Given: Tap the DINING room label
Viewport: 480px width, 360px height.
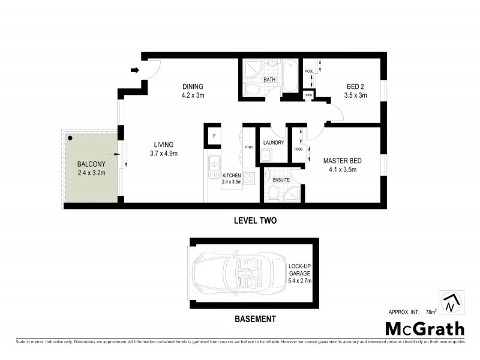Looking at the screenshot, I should point(193,86).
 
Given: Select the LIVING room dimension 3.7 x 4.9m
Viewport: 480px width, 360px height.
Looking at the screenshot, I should point(163,154).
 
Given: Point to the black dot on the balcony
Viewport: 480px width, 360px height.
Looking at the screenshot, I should point(70,138).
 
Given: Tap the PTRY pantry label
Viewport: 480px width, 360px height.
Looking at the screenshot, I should point(249,148).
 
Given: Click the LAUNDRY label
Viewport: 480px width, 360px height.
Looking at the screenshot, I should point(273,143).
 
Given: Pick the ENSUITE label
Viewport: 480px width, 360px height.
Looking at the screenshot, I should point(281,180).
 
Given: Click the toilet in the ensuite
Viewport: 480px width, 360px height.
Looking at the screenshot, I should point(273,193).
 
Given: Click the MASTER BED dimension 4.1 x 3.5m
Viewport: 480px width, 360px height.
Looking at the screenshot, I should point(340,170).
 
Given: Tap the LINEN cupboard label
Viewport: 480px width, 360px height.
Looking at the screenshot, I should point(308,95).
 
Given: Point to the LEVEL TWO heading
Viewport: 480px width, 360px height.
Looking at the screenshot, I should point(254,221).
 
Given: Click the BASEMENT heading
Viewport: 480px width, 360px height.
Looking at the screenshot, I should point(255,319).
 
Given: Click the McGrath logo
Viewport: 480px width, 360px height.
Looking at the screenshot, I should point(424,328).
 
